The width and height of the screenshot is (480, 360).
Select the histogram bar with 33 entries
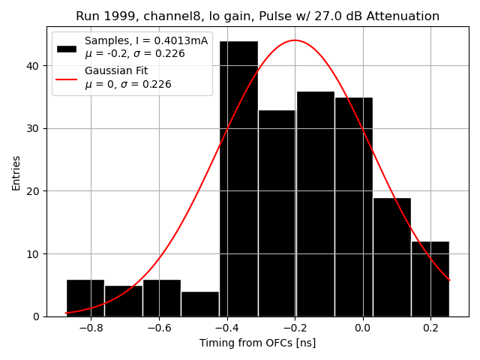(277, 213)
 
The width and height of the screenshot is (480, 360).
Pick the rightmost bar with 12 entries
(430, 278)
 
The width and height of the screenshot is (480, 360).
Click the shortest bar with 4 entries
(200, 304)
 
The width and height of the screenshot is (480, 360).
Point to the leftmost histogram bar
(85, 298)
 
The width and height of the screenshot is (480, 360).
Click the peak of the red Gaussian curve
(295, 40)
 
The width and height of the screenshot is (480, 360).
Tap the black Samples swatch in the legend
(67, 48)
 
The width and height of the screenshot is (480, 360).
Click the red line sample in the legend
(67, 77)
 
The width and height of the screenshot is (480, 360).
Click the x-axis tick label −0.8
(90, 328)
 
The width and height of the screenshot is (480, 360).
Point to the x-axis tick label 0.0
(362, 328)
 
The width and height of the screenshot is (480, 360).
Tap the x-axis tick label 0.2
(430, 328)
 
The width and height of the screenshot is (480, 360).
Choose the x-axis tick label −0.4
(226, 328)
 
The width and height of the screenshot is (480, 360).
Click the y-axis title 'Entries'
(16, 172)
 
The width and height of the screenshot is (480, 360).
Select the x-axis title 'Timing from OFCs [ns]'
(257, 343)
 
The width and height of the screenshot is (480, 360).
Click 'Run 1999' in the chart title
(101, 16)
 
